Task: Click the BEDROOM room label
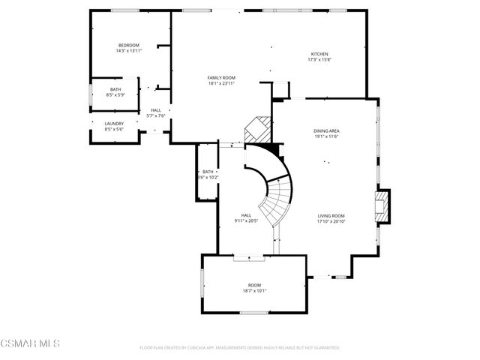pos(129,45)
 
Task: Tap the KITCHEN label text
pos(320,54)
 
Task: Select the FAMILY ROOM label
pos(221,77)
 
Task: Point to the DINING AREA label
pos(326,130)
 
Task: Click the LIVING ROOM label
pos(331,215)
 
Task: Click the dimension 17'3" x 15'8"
pos(320,60)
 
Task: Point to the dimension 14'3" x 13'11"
pos(129,51)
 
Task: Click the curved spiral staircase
pos(276,191)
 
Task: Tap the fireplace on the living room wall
pos(383,206)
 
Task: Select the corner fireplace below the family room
pos(257,130)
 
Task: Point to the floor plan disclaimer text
pos(240,348)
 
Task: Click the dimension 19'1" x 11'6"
pos(326,136)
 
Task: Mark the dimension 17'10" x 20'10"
pos(331,221)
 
